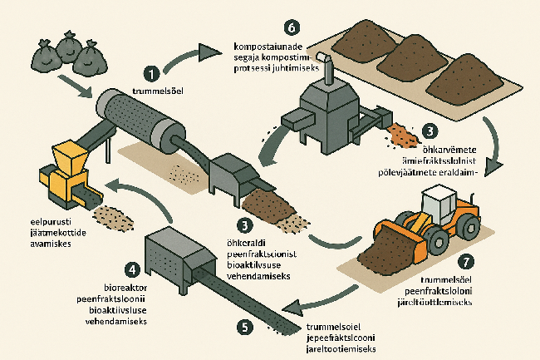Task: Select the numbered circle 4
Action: point(131,269)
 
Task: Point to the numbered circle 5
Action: point(243,326)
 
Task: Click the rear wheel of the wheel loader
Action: point(470,226)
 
